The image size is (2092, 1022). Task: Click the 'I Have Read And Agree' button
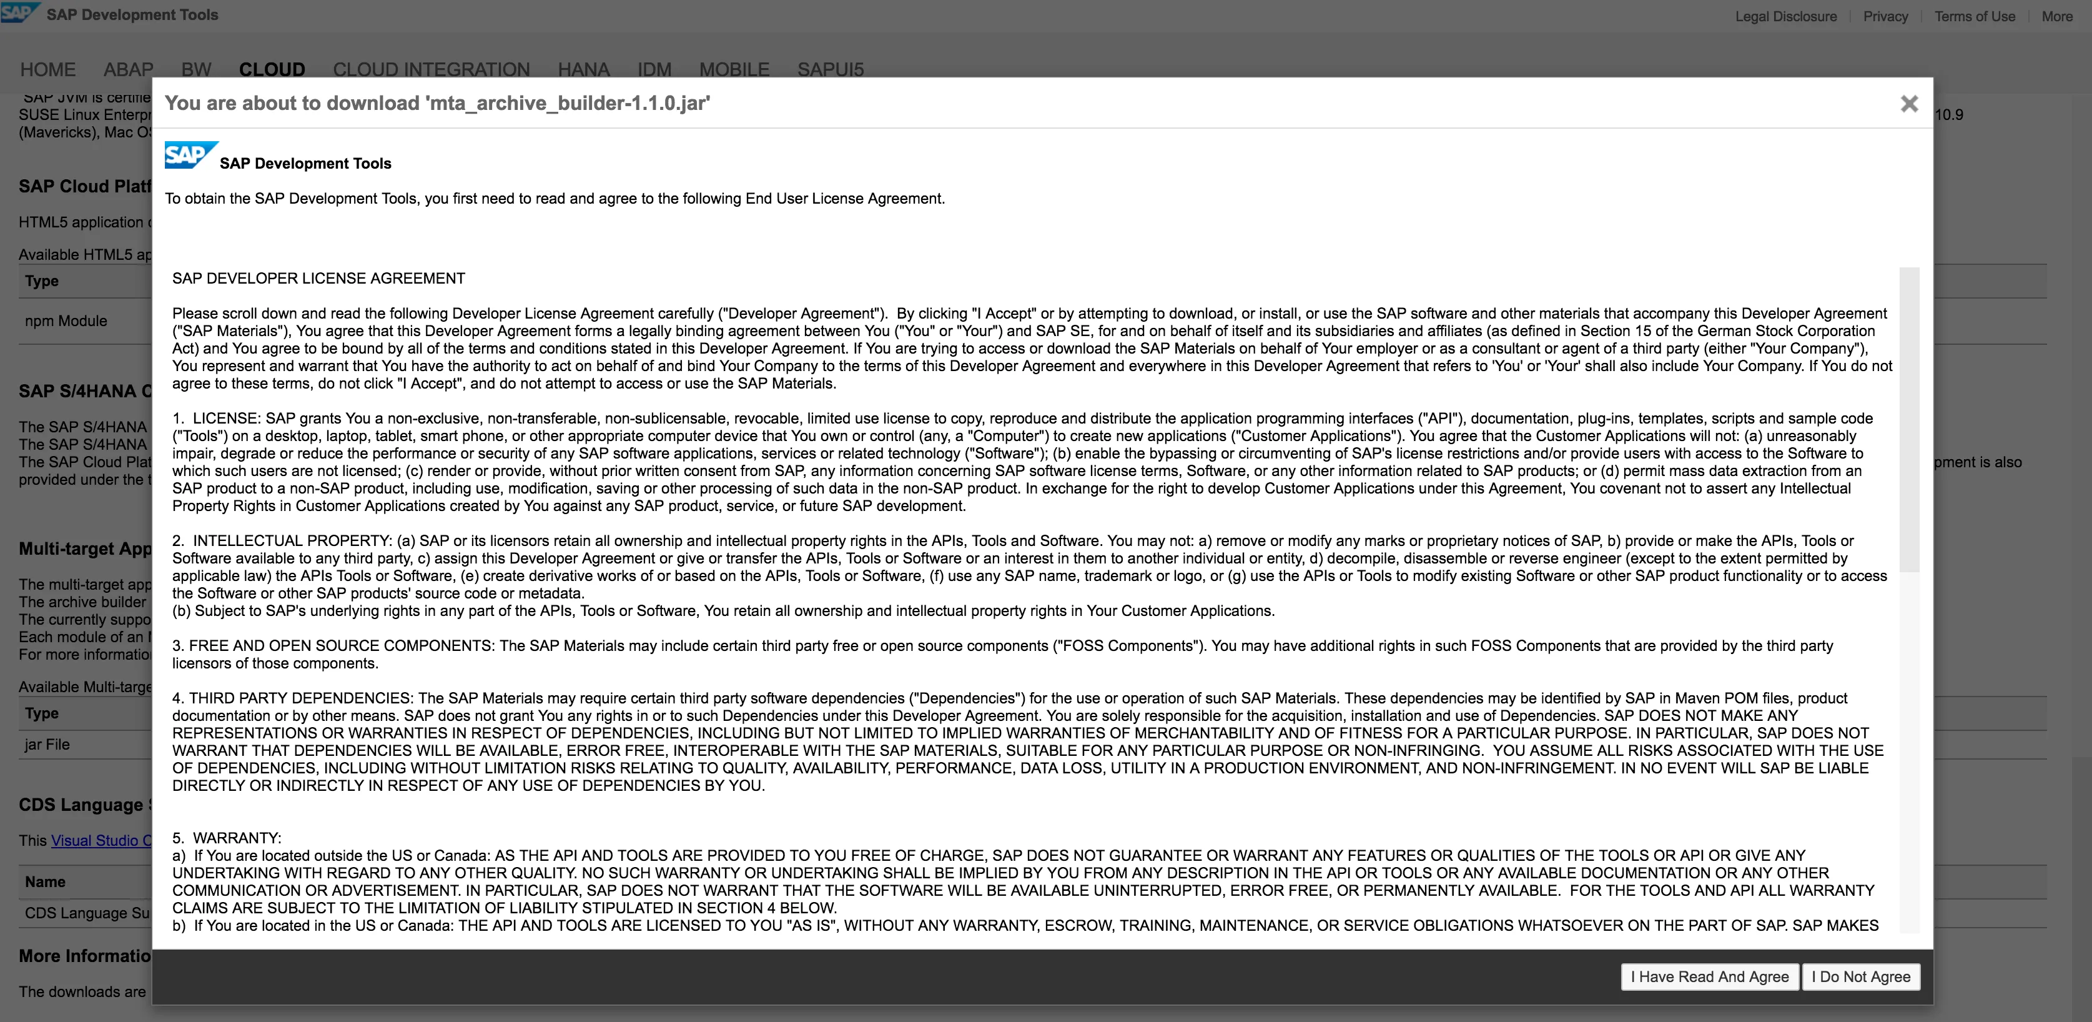[x=1709, y=976]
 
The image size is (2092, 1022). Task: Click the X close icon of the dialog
[x=1909, y=104]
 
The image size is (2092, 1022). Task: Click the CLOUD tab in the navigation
[x=272, y=69]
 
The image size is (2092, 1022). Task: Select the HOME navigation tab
[x=48, y=69]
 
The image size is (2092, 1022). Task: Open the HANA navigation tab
[x=583, y=69]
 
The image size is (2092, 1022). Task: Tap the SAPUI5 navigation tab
[x=830, y=69]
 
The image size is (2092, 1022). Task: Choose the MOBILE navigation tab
[x=734, y=69]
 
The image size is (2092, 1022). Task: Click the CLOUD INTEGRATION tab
[x=432, y=69]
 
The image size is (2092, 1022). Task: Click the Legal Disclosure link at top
[x=1786, y=16]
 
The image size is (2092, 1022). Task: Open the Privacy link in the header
[x=1885, y=16]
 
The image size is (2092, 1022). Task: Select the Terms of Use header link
[x=1974, y=16]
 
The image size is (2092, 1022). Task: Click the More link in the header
[x=2056, y=16]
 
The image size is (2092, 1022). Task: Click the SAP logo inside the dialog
[x=190, y=154]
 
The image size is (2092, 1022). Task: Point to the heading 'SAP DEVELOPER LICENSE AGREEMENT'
[x=318, y=279]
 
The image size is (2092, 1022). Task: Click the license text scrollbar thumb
[x=1908, y=419]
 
